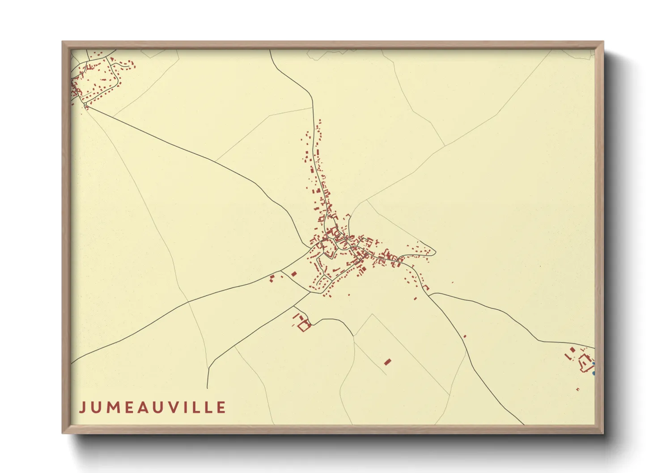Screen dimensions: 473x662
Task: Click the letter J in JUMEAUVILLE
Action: click(x=82, y=407)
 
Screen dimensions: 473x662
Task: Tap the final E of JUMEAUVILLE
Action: click(x=221, y=407)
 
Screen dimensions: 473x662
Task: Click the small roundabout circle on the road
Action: click(x=85, y=105)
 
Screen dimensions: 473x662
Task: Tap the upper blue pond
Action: click(x=594, y=363)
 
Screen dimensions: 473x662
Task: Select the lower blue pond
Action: click(x=594, y=372)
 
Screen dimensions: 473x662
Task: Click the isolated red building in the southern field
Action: click(x=387, y=361)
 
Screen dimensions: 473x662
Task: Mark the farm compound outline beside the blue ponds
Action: click(x=585, y=363)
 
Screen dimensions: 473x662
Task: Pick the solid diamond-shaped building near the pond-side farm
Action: click(x=573, y=350)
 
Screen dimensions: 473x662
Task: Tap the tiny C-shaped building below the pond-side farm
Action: click(x=577, y=389)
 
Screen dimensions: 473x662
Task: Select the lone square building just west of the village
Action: click(x=294, y=274)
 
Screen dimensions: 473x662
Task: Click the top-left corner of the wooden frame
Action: click(x=63, y=42)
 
